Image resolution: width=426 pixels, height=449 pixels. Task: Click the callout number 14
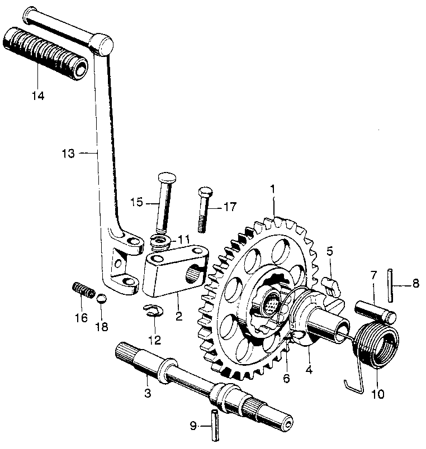pyautogui.click(x=37, y=95)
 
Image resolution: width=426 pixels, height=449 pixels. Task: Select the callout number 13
pyautogui.click(x=68, y=152)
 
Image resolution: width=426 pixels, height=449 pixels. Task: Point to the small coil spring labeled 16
pyautogui.click(x=82, y=291)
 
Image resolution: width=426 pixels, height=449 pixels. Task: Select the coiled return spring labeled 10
pyautogui.click(x=380, y=346)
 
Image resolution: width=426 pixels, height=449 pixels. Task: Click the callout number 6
pyautogui.click(x=286, y=379)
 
